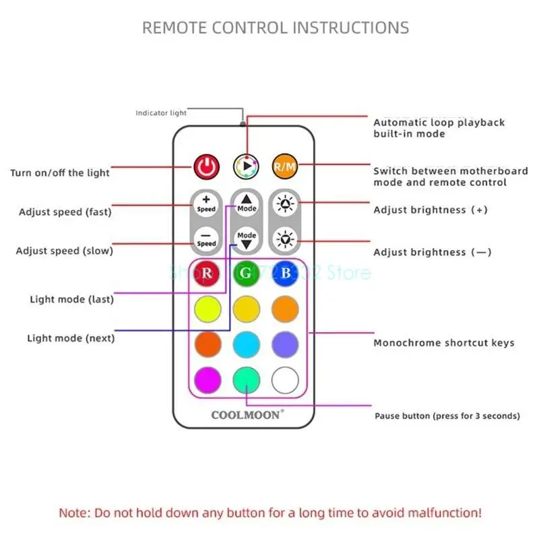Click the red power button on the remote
207,166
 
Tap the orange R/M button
284,166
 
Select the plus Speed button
206,203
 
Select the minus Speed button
206,239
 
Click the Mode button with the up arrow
246,203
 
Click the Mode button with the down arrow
246,239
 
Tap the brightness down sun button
285,239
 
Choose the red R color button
207,273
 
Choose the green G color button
246,273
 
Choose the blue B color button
285,273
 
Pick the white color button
285,380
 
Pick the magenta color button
207,380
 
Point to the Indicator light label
160,113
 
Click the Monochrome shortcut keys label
443,343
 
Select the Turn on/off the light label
59,173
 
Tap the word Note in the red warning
73,513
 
